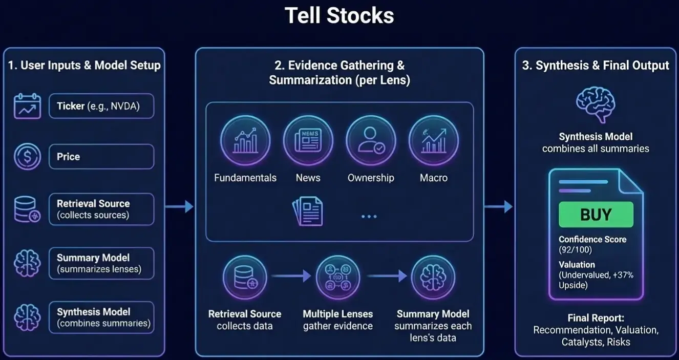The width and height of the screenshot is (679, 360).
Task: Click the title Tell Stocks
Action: (339, 15)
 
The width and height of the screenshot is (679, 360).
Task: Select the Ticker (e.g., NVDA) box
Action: (101, 106)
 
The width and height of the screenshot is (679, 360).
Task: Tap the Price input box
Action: (101, 156)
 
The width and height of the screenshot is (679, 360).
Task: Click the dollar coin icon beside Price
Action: (27, 157)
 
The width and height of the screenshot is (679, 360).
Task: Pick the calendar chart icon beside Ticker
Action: (27, 106)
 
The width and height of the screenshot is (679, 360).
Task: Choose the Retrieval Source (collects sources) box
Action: (101, 209)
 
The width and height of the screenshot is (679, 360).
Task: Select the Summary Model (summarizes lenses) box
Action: (101, 263)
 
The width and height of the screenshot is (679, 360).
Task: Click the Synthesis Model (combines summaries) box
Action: (101, 317)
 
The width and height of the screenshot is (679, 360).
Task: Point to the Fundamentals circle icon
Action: (245, 140)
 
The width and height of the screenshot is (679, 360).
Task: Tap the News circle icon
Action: (308, 140)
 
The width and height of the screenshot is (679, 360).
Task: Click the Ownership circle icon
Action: (371, 140)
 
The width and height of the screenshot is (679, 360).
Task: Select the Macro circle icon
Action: (434, 140)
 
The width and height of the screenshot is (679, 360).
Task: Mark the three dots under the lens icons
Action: (369, 217)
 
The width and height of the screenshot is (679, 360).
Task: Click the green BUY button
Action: (596, 215)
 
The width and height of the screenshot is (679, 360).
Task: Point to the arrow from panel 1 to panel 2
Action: (179, 206)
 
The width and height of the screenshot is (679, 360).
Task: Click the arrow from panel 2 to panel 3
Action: (499, 206)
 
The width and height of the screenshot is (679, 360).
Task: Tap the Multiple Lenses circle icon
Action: (338, 277)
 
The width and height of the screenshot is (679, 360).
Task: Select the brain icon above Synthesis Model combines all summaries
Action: (596, 104)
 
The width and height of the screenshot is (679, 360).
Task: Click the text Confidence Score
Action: (592, 239)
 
